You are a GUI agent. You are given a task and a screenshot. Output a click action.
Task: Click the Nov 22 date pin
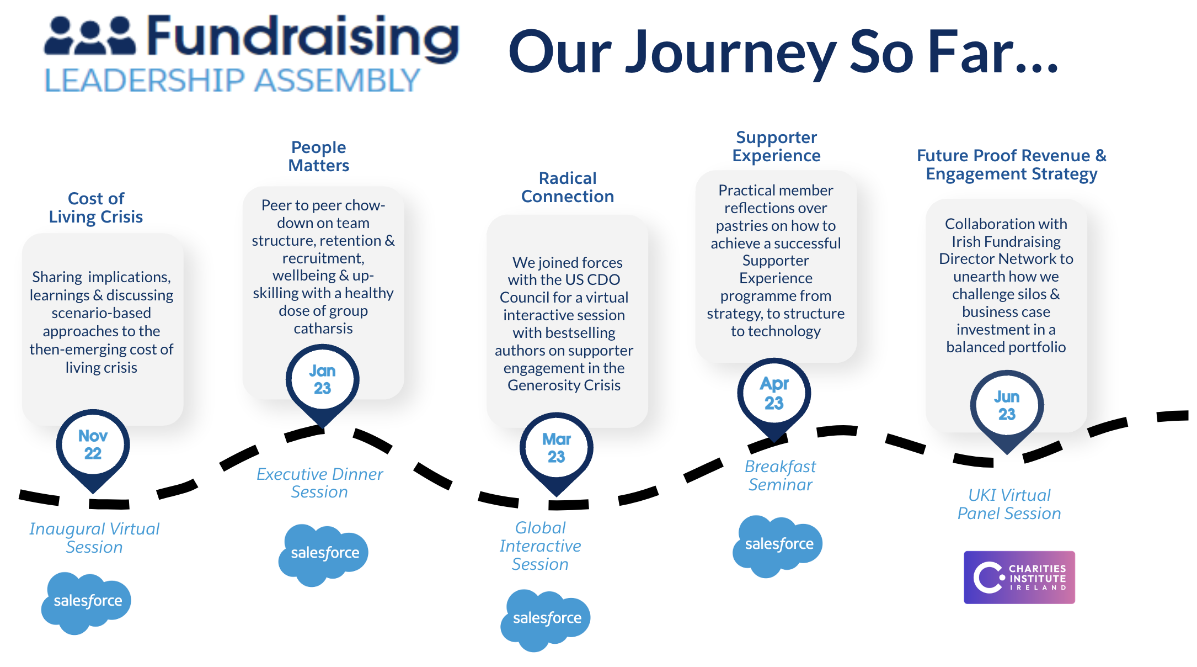coord(93,445)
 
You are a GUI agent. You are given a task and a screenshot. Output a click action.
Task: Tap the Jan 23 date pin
coord(322,380)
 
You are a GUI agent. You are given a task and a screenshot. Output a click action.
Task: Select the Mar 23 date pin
coord(556,448)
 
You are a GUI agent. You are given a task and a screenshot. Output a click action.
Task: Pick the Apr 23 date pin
coord(774,394)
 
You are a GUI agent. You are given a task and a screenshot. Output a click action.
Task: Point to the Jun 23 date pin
coord(1007,406)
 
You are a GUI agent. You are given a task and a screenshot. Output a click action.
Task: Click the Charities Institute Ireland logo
coord(1019,578)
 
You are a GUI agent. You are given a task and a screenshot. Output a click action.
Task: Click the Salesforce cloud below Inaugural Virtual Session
coord(86,602)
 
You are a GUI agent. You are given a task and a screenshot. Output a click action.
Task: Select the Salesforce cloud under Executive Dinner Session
coord(323,554)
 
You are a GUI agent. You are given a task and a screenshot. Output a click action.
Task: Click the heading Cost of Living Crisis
coord(96,208)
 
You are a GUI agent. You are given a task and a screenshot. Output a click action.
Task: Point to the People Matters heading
coord(319,156)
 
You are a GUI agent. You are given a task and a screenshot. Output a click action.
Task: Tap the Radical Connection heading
coord(568,187)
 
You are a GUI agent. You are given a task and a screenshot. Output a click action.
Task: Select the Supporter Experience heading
coord(776,146)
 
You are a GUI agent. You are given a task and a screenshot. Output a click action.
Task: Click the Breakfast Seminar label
coord(780,475)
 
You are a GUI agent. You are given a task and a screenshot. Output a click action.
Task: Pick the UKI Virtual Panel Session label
coord(1009,504)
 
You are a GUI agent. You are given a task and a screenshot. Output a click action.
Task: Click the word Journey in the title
coord(731,53)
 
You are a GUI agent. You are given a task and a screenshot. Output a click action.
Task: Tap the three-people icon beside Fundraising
coord(90,35)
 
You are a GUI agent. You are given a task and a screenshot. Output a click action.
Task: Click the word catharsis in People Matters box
coord(323,329)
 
